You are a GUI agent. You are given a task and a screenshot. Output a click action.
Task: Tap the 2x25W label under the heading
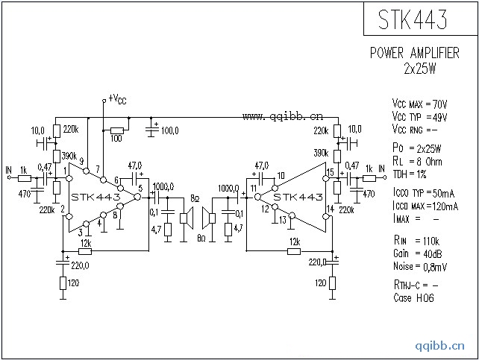[419, 67]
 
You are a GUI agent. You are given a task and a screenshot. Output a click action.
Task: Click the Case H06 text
[413, 298]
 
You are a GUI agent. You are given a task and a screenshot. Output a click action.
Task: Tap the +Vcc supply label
[118, 98]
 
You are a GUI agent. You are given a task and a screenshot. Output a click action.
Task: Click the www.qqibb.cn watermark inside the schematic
[283, 116]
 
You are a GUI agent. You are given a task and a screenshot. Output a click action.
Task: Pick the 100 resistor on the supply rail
[116, 137]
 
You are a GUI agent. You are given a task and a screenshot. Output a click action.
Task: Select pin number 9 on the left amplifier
[81, 162]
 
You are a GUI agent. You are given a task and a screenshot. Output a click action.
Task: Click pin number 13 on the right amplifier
[283, 220]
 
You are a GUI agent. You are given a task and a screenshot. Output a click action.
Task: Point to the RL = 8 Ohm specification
[417, 161]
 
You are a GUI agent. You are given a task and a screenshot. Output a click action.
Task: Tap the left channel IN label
[8, 169]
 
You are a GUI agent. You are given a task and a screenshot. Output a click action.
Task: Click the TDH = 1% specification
[411, 173]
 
